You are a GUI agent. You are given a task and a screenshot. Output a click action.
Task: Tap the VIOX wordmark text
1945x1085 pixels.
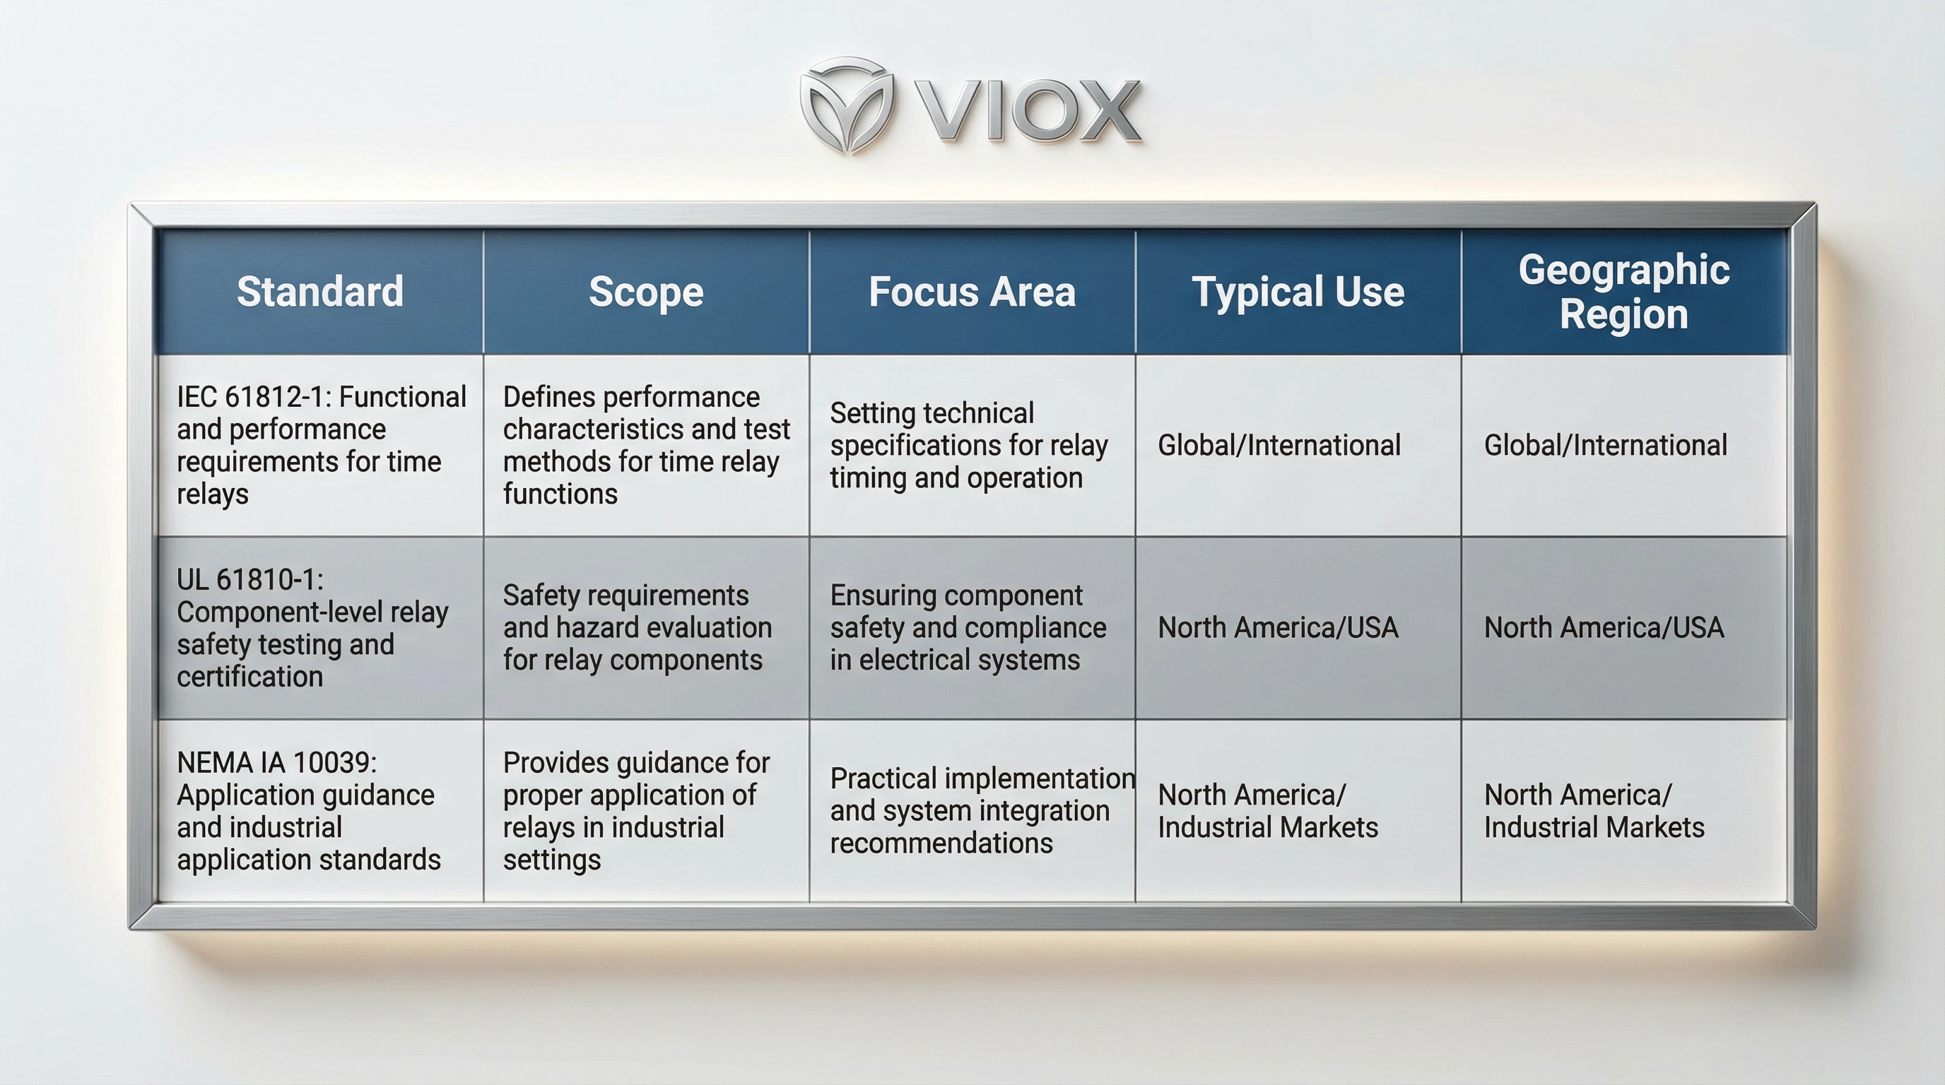1028,112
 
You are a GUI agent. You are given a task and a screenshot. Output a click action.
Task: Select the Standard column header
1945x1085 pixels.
320,291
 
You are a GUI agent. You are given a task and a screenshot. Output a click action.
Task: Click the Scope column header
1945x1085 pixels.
646,291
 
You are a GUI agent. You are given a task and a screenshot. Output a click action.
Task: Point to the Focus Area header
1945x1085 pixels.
972,291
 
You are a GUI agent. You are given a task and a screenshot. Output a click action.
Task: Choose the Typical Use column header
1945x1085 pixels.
1298,291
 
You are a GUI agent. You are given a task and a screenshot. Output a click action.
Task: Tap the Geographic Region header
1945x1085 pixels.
1623,291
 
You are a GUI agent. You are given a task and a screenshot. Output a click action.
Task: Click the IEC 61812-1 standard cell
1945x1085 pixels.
320,445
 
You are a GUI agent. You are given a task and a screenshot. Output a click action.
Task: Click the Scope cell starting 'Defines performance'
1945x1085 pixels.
646,445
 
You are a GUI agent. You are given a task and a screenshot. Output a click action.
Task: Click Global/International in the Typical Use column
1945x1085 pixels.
1279,445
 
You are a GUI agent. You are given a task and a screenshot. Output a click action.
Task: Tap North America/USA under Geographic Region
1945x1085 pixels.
1604,628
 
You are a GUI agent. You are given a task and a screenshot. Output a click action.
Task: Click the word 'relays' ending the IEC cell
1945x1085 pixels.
213,494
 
